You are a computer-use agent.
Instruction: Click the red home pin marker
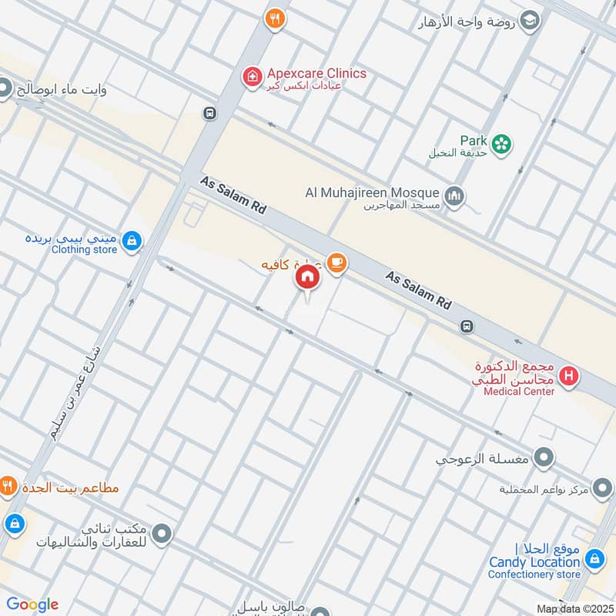(307, 277)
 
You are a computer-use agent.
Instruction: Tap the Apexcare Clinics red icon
(251, 76)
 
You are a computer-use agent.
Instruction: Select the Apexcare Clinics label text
(316, 74)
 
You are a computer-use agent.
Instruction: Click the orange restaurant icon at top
(274, 19)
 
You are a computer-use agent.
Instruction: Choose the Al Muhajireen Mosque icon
(455, 197)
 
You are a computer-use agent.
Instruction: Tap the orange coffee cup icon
(336, 263)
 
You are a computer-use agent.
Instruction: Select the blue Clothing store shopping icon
(132, 241)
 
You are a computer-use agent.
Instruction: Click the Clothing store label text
(84, 249)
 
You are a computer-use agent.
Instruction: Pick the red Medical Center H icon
(569, 377)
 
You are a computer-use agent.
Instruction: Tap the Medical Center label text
(519, 392)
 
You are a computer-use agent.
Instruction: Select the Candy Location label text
(535, 562)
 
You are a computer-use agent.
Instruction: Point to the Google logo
(32, 604)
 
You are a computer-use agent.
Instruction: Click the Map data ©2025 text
(574, 609)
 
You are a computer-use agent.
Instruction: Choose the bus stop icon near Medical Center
(467, 326)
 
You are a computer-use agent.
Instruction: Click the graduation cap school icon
(530, 20)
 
